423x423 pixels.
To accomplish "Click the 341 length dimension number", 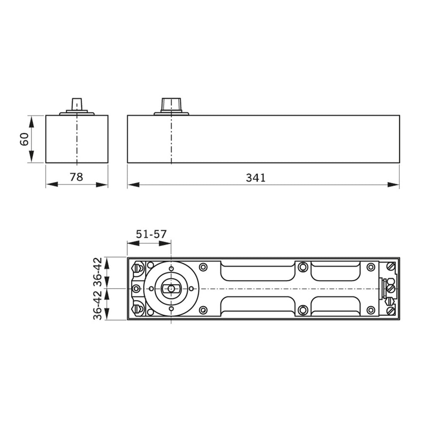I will coord(255,178).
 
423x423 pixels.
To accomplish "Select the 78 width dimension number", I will coord(76,177).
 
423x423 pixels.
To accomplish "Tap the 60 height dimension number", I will coord(25,139).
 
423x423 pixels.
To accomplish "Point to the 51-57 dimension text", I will coord(151,234).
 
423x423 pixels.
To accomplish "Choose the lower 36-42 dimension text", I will coord(98,304).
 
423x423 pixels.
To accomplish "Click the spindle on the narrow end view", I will coord(77,104).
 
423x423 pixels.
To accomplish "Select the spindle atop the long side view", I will coord(171,104).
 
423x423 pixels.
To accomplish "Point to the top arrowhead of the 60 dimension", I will coord(31,121).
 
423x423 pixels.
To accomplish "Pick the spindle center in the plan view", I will coord(171,288).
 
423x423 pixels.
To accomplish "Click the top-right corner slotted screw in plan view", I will coord(391,266).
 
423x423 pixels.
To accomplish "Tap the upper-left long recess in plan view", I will coord(257,271).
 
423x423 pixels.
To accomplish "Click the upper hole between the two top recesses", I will coord(302,267).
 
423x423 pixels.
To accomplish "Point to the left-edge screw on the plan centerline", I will coord(136,288).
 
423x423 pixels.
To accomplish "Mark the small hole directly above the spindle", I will coord(171,269).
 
